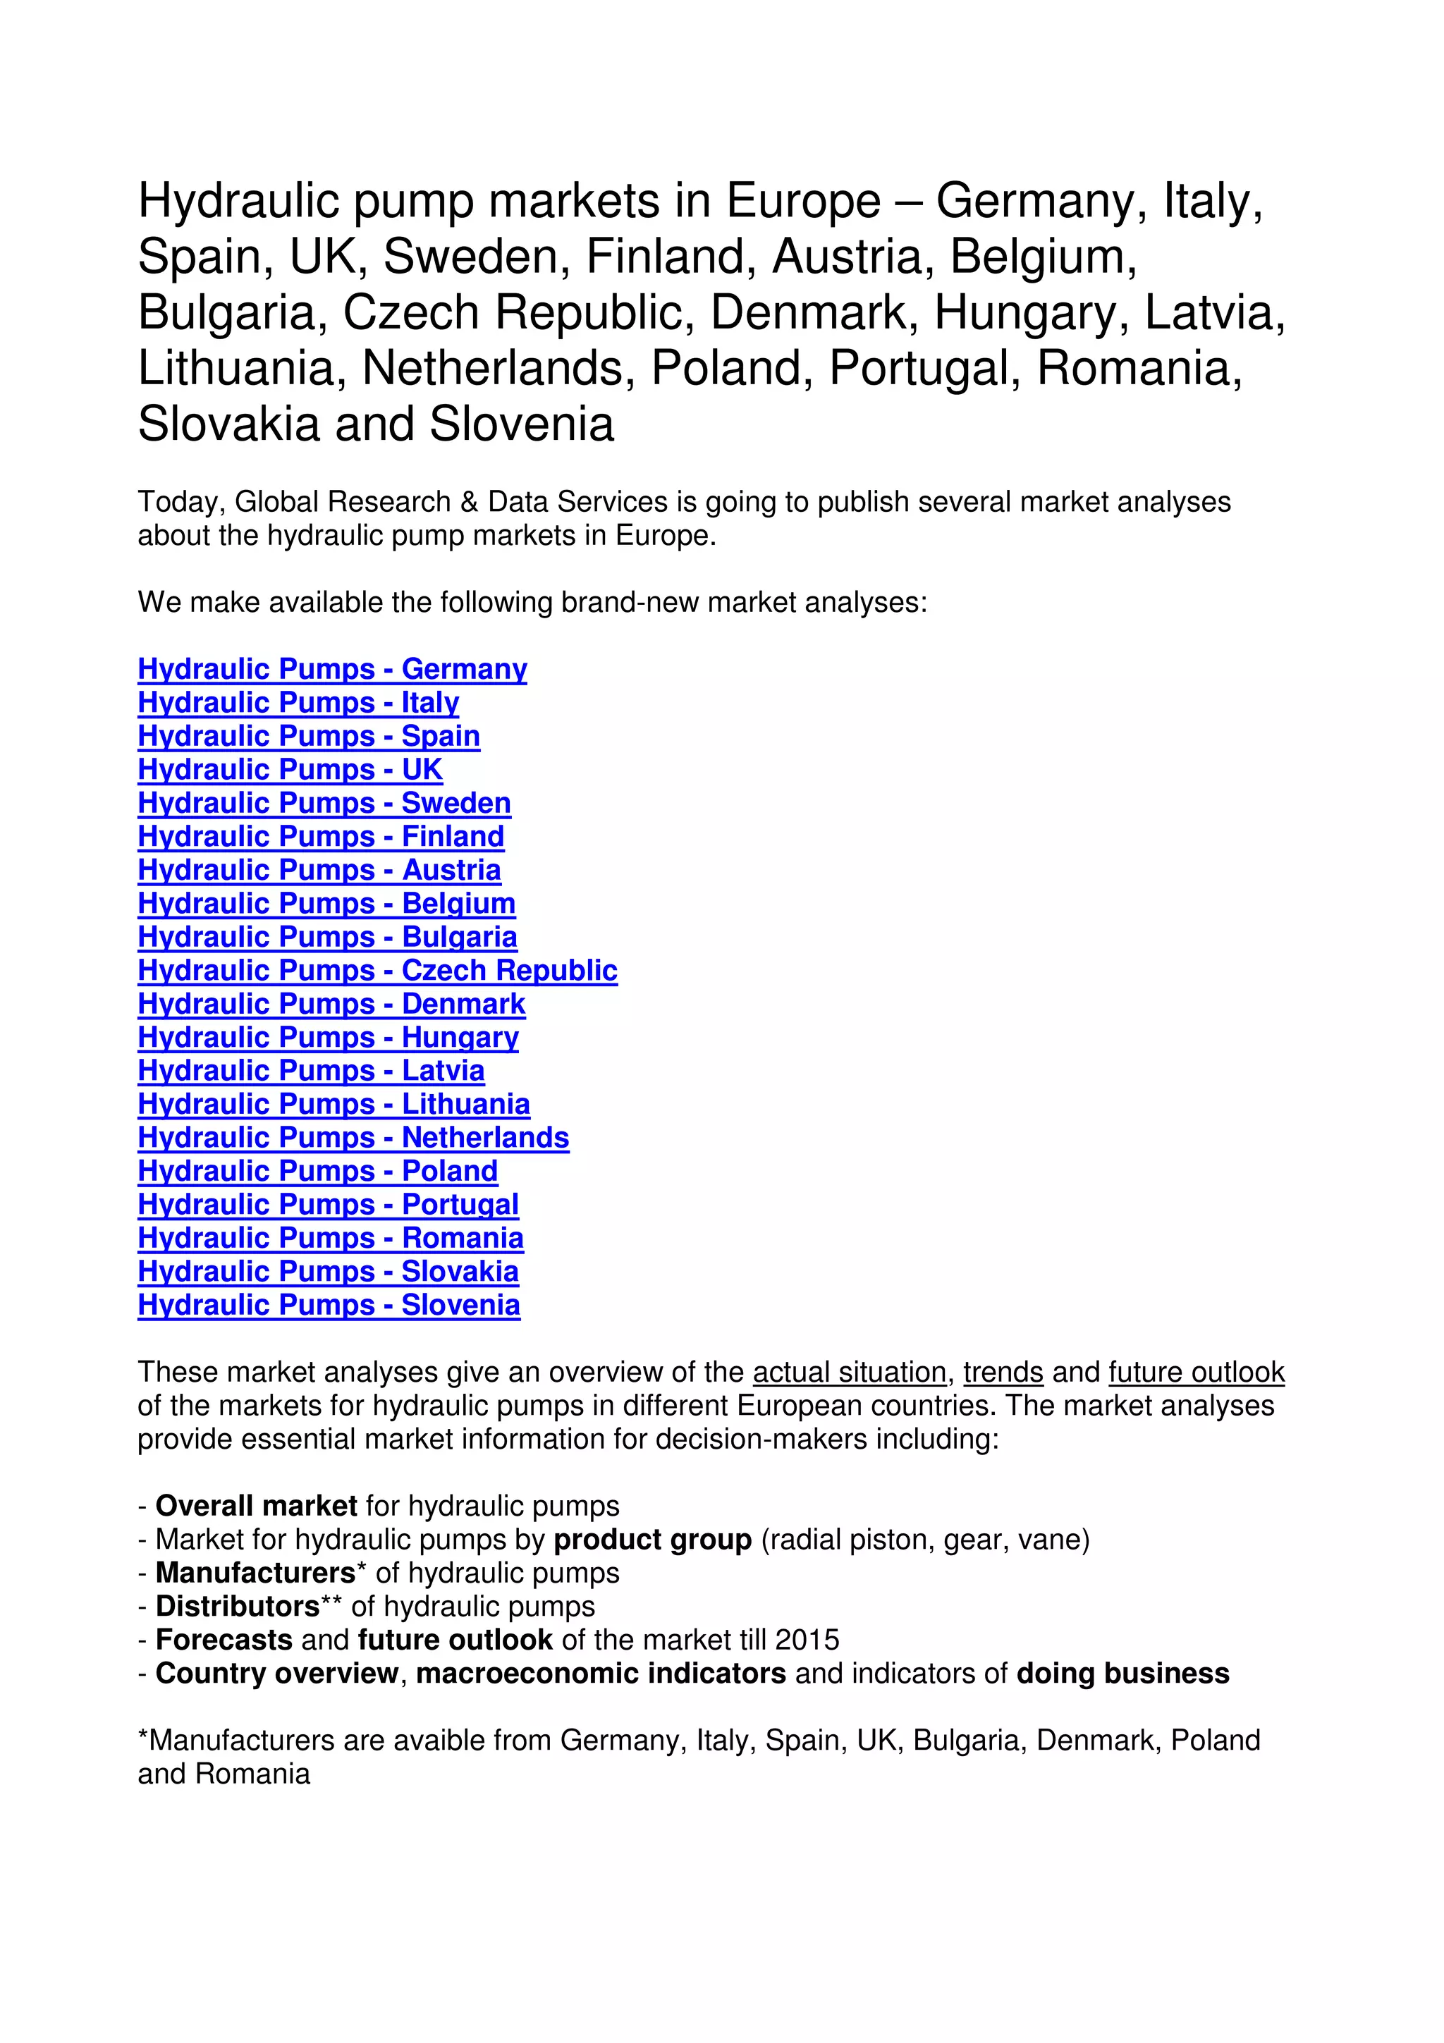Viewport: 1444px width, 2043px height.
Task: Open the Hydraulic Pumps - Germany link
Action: point(332,668)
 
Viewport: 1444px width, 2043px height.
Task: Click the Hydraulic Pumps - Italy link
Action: point(298,702)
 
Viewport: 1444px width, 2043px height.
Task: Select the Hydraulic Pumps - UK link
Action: point(290,769)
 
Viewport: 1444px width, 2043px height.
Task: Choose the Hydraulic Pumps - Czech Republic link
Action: point(377,970)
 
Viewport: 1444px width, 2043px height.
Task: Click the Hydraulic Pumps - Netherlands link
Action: point(353,1137)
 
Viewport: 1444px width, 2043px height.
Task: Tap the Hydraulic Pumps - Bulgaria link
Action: point(326,937)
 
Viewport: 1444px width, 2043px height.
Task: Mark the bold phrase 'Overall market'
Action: point(256,1506)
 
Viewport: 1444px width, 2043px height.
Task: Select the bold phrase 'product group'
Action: point(652,1540)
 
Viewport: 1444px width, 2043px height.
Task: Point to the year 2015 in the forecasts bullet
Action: point(807,1640)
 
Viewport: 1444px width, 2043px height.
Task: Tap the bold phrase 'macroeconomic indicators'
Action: point(601,1673)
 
